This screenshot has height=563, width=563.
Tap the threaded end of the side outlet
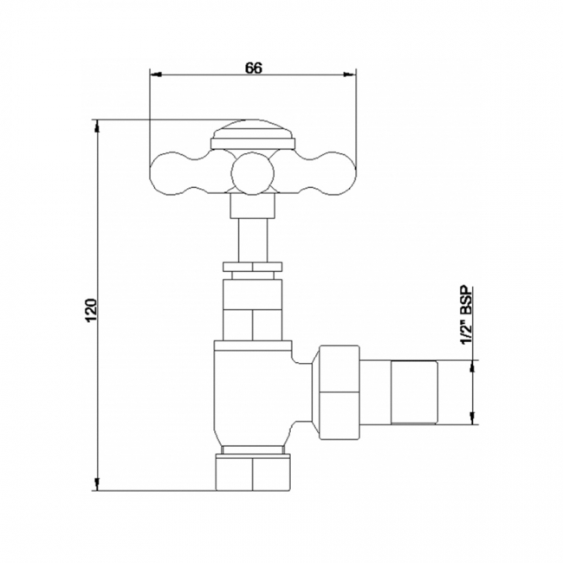coord(417,394)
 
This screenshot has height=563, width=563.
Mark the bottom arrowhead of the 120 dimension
coord(97,486)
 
